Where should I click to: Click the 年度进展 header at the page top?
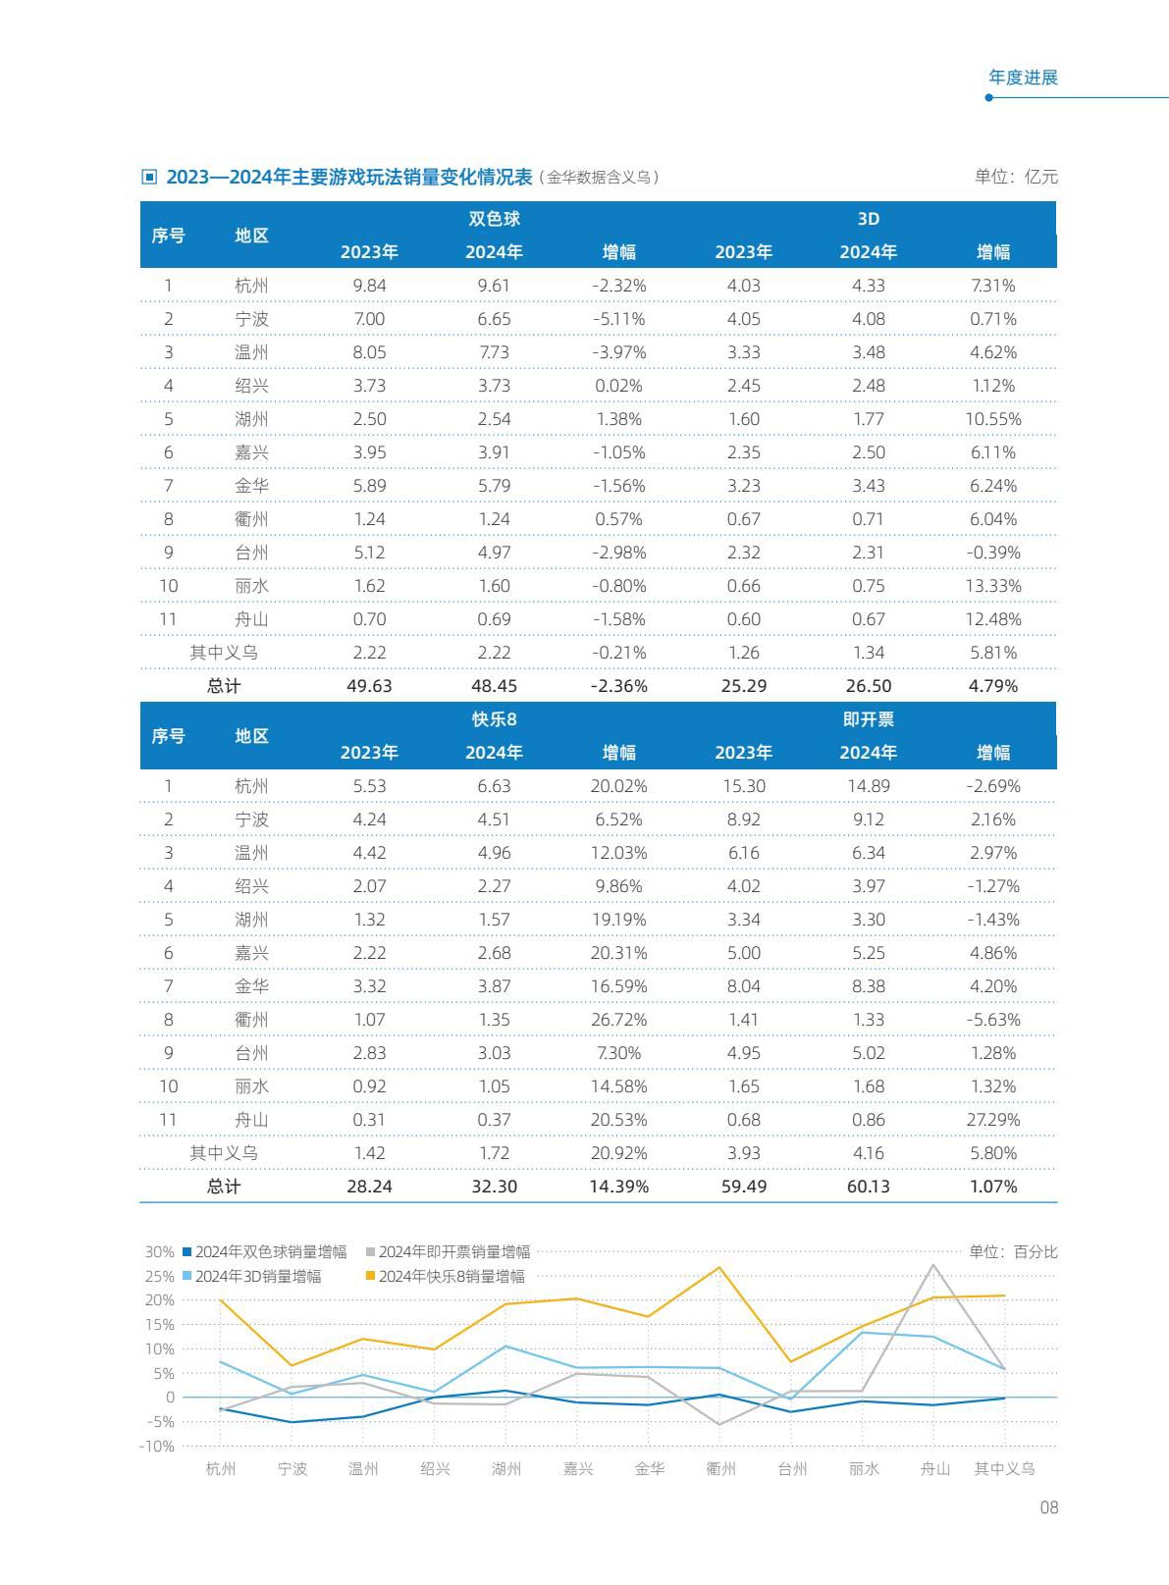point(1023,78)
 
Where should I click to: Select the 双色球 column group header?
point(494,219)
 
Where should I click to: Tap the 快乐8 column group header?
point(494,719)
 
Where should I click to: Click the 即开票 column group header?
point(869,719)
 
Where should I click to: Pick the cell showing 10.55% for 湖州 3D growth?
point(992,419)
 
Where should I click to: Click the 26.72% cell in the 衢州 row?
point(618,1020)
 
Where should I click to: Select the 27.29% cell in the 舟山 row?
point(992,1120)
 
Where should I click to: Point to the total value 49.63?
point(369,686)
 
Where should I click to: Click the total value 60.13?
point(869,1186)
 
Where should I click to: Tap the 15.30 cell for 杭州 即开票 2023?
point(744,786)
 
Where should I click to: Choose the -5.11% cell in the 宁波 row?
point(618,319)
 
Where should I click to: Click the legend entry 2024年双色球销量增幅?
point(265,1251)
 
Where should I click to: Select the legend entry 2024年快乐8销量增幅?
point(445,1277)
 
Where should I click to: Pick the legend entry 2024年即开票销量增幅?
point(448,1251)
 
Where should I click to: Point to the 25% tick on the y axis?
point(160,1277)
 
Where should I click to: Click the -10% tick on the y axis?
point(157,1447)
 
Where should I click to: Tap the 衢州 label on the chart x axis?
point(720,1469)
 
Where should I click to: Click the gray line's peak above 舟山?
point(933,1264)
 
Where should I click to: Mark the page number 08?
point(1048,1507)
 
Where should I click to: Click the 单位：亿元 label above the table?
point(1016,177)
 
